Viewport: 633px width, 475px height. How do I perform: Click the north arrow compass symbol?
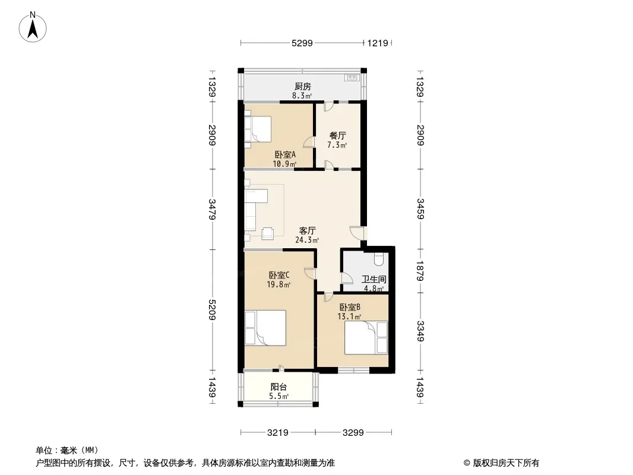coord(33,27)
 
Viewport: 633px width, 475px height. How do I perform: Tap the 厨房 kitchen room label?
coord(303,86)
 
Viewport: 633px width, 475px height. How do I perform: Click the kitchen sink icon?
coord(351,77)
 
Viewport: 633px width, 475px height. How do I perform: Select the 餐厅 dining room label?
coord(337,135)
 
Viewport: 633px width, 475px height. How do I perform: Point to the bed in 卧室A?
coord(258,129)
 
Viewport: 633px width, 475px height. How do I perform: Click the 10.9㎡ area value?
coord(284,164)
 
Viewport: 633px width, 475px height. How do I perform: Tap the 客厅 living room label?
coord(307,230)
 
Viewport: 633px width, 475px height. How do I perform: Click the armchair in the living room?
coord(268,233)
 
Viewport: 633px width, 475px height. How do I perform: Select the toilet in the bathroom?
coord(378,259)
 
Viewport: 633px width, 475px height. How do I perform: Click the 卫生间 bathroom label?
coord(374,279)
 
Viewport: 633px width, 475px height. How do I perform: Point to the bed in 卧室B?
coord(366,337)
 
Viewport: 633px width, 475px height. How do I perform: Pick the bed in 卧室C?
coord(265,328)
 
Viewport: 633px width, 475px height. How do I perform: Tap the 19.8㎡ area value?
coord(278,284)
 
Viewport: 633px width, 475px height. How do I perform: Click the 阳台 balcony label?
coord(278,387)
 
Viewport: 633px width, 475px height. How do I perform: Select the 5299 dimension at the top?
coord(302,43)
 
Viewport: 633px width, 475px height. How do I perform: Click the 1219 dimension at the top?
coord(378,43)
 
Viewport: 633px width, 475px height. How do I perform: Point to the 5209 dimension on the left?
coord(213,309)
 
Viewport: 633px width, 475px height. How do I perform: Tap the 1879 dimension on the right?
coord(420,271)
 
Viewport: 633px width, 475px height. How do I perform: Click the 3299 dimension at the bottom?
coord(353,433)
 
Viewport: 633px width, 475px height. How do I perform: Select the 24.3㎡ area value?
coord(307,240)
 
